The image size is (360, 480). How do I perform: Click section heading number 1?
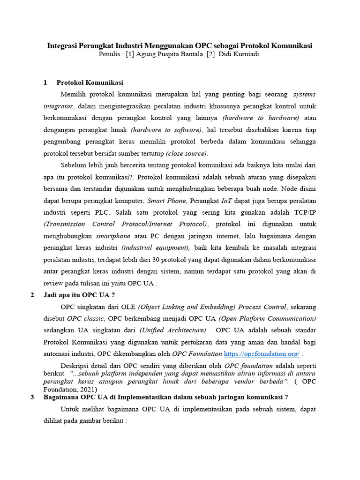coord(45,82)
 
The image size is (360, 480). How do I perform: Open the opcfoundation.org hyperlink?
coord(262,353)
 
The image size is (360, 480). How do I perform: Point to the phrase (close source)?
coord(186,153)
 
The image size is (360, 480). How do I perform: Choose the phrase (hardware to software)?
coord(166,130)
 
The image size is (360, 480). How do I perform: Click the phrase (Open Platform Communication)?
coord(267,318)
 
